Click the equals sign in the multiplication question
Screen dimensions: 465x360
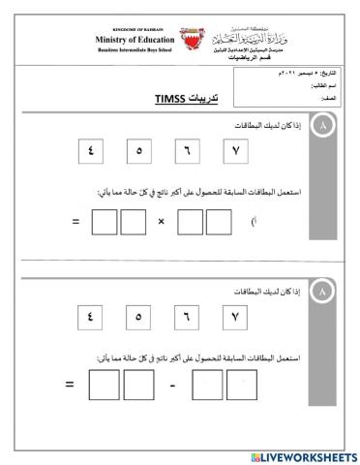(x=75, y=223)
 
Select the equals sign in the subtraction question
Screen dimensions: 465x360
(x=70, y=386)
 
